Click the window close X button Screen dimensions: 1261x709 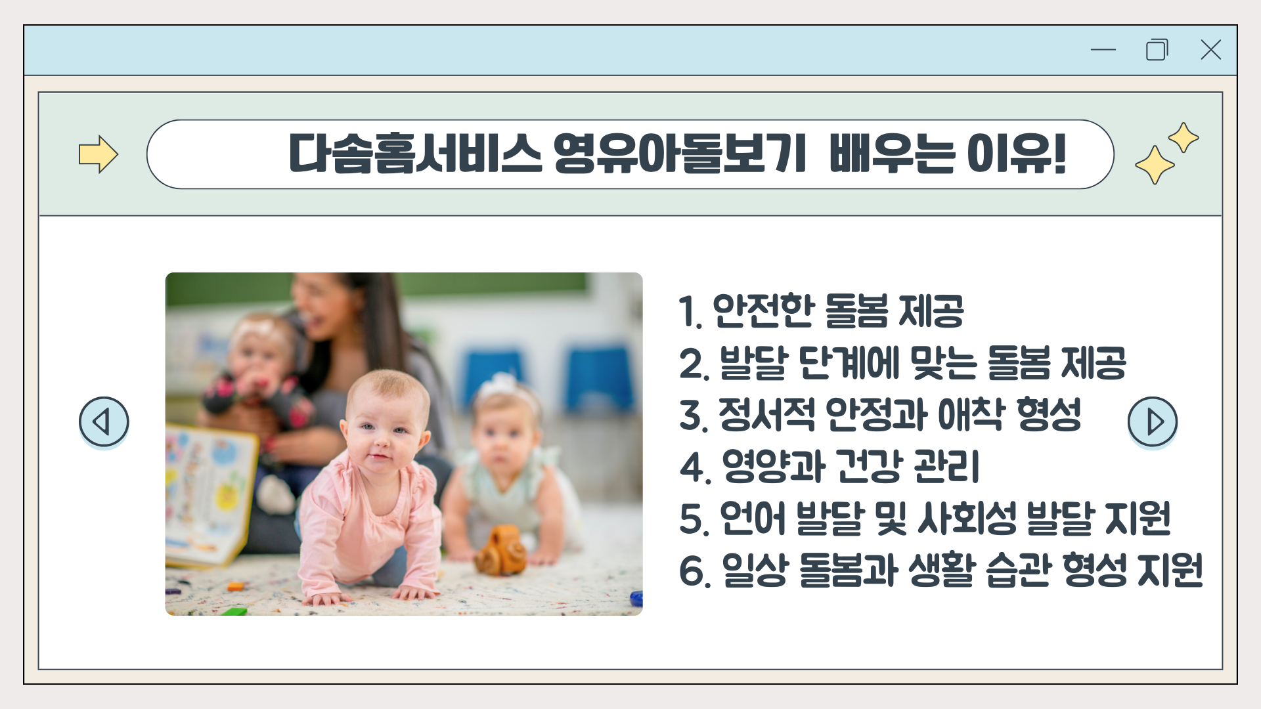coord(1210,49)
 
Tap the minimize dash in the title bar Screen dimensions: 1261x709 coord(1103,49)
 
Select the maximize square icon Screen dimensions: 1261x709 coord(1157,49)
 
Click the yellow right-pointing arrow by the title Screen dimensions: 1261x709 coord(99,154)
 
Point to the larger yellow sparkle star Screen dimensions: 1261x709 coord(1155,165)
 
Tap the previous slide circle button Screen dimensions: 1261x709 coord(104,421)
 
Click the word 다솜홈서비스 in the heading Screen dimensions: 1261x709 coord(415,154)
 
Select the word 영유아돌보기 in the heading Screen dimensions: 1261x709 coord(680,154)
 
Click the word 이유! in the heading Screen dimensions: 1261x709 coord(1016,154)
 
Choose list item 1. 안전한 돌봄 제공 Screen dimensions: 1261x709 coord(821,311)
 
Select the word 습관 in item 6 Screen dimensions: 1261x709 coord(1017,570)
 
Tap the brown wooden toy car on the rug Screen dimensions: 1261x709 coord(502,550)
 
